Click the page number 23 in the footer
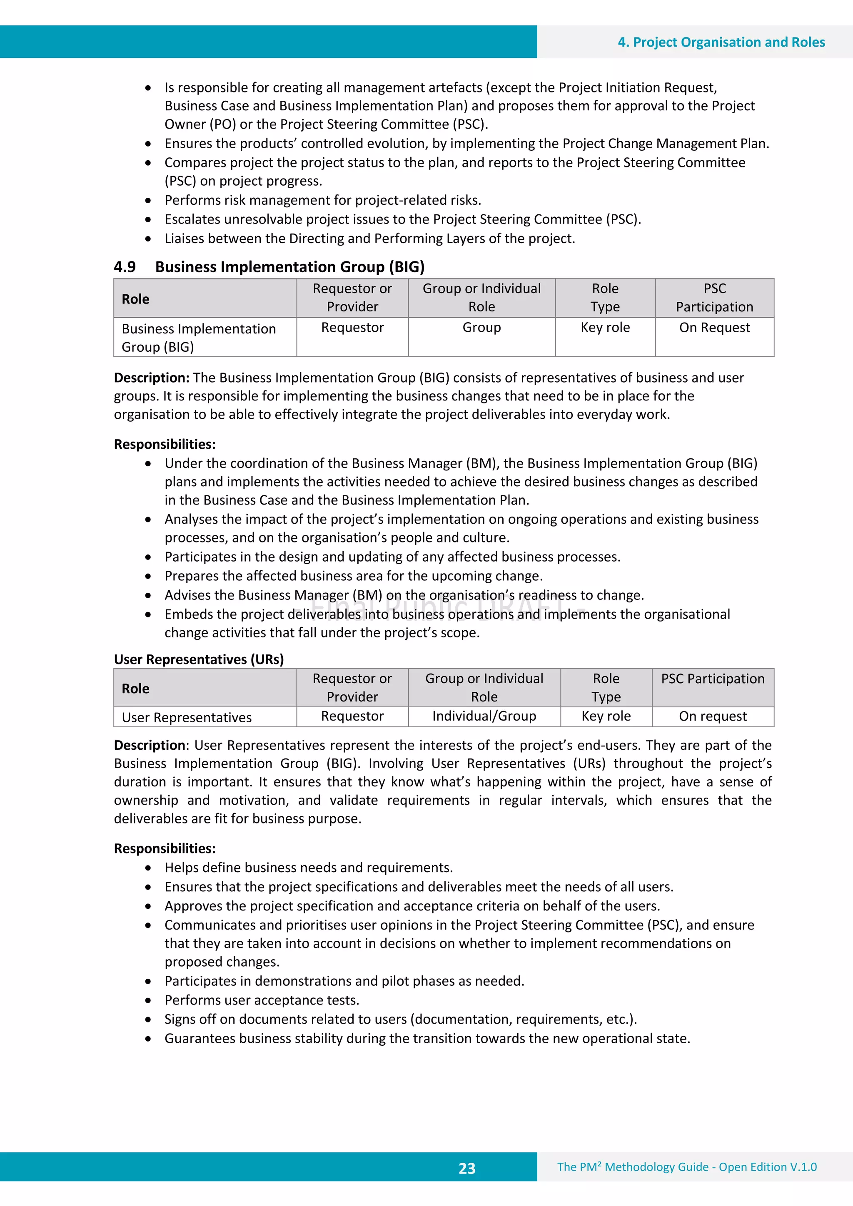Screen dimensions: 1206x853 tap(467, 1168)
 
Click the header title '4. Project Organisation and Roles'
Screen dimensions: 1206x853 tap(721, 42)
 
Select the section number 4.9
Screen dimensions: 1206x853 tap(125, 267)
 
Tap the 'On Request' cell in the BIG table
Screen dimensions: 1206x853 tap(714, 328)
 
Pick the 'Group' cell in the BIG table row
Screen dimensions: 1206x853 tap(481, 328)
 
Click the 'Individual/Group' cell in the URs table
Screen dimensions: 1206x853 tap(484, 716)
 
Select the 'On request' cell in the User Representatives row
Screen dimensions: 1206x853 tap(713, 716)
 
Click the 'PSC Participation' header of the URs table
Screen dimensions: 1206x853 tap(713, 679)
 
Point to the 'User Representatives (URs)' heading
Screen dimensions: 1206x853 tap(199, 659)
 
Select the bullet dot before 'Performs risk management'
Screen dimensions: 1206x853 tap(149, 201)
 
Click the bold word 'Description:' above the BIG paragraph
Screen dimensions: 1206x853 tap(151, 378)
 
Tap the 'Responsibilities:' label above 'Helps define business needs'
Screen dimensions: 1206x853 tap(165, 848)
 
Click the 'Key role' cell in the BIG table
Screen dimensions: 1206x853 tap(605, 328)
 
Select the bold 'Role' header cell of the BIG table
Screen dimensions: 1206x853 tap(136, 299)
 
